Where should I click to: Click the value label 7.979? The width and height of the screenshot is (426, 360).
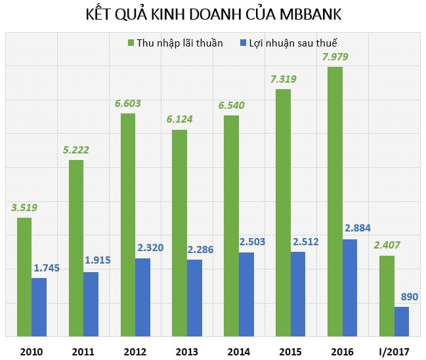pos(335,56)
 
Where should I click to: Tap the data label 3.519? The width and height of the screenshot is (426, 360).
pos(24,208)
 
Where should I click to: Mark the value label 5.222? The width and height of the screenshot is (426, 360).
pos(76,150)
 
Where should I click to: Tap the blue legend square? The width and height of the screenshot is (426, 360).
pos(243,43)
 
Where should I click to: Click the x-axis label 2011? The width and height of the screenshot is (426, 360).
pos(83,351)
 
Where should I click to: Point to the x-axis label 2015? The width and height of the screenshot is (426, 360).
pos(291,351)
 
